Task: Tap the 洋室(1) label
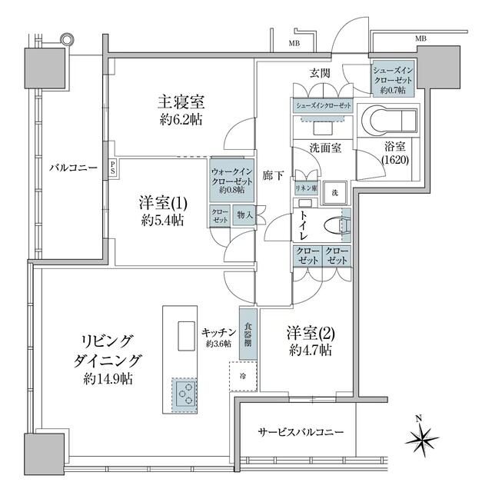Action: coord(161,204)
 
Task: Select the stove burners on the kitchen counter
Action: coord(184,395)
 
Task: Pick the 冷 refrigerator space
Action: coord(242,377)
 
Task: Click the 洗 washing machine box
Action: coord(334,191)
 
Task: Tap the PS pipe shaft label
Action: coord(113,166)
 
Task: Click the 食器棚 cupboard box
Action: coord(248,334)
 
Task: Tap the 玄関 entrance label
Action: coord(319,73)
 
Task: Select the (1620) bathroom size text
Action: coord(395,159)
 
